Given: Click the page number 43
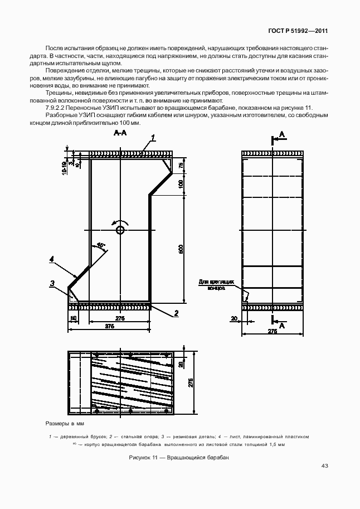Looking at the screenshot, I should (x=324, y=466).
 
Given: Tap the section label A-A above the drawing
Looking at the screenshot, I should (x=120, y=134).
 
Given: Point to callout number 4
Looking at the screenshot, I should (x=51, y=259).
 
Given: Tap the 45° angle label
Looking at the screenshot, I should (x=100, y=245).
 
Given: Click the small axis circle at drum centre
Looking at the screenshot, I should (x=120, y=230).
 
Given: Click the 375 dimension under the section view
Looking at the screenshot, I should (x=109, y=327).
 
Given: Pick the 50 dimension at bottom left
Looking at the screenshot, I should (x=73, y=317).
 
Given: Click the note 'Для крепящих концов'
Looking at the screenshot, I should (x=215, y=285).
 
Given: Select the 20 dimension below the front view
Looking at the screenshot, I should (x=233, y=318).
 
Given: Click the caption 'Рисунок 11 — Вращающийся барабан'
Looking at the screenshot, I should (x=179, y=457).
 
